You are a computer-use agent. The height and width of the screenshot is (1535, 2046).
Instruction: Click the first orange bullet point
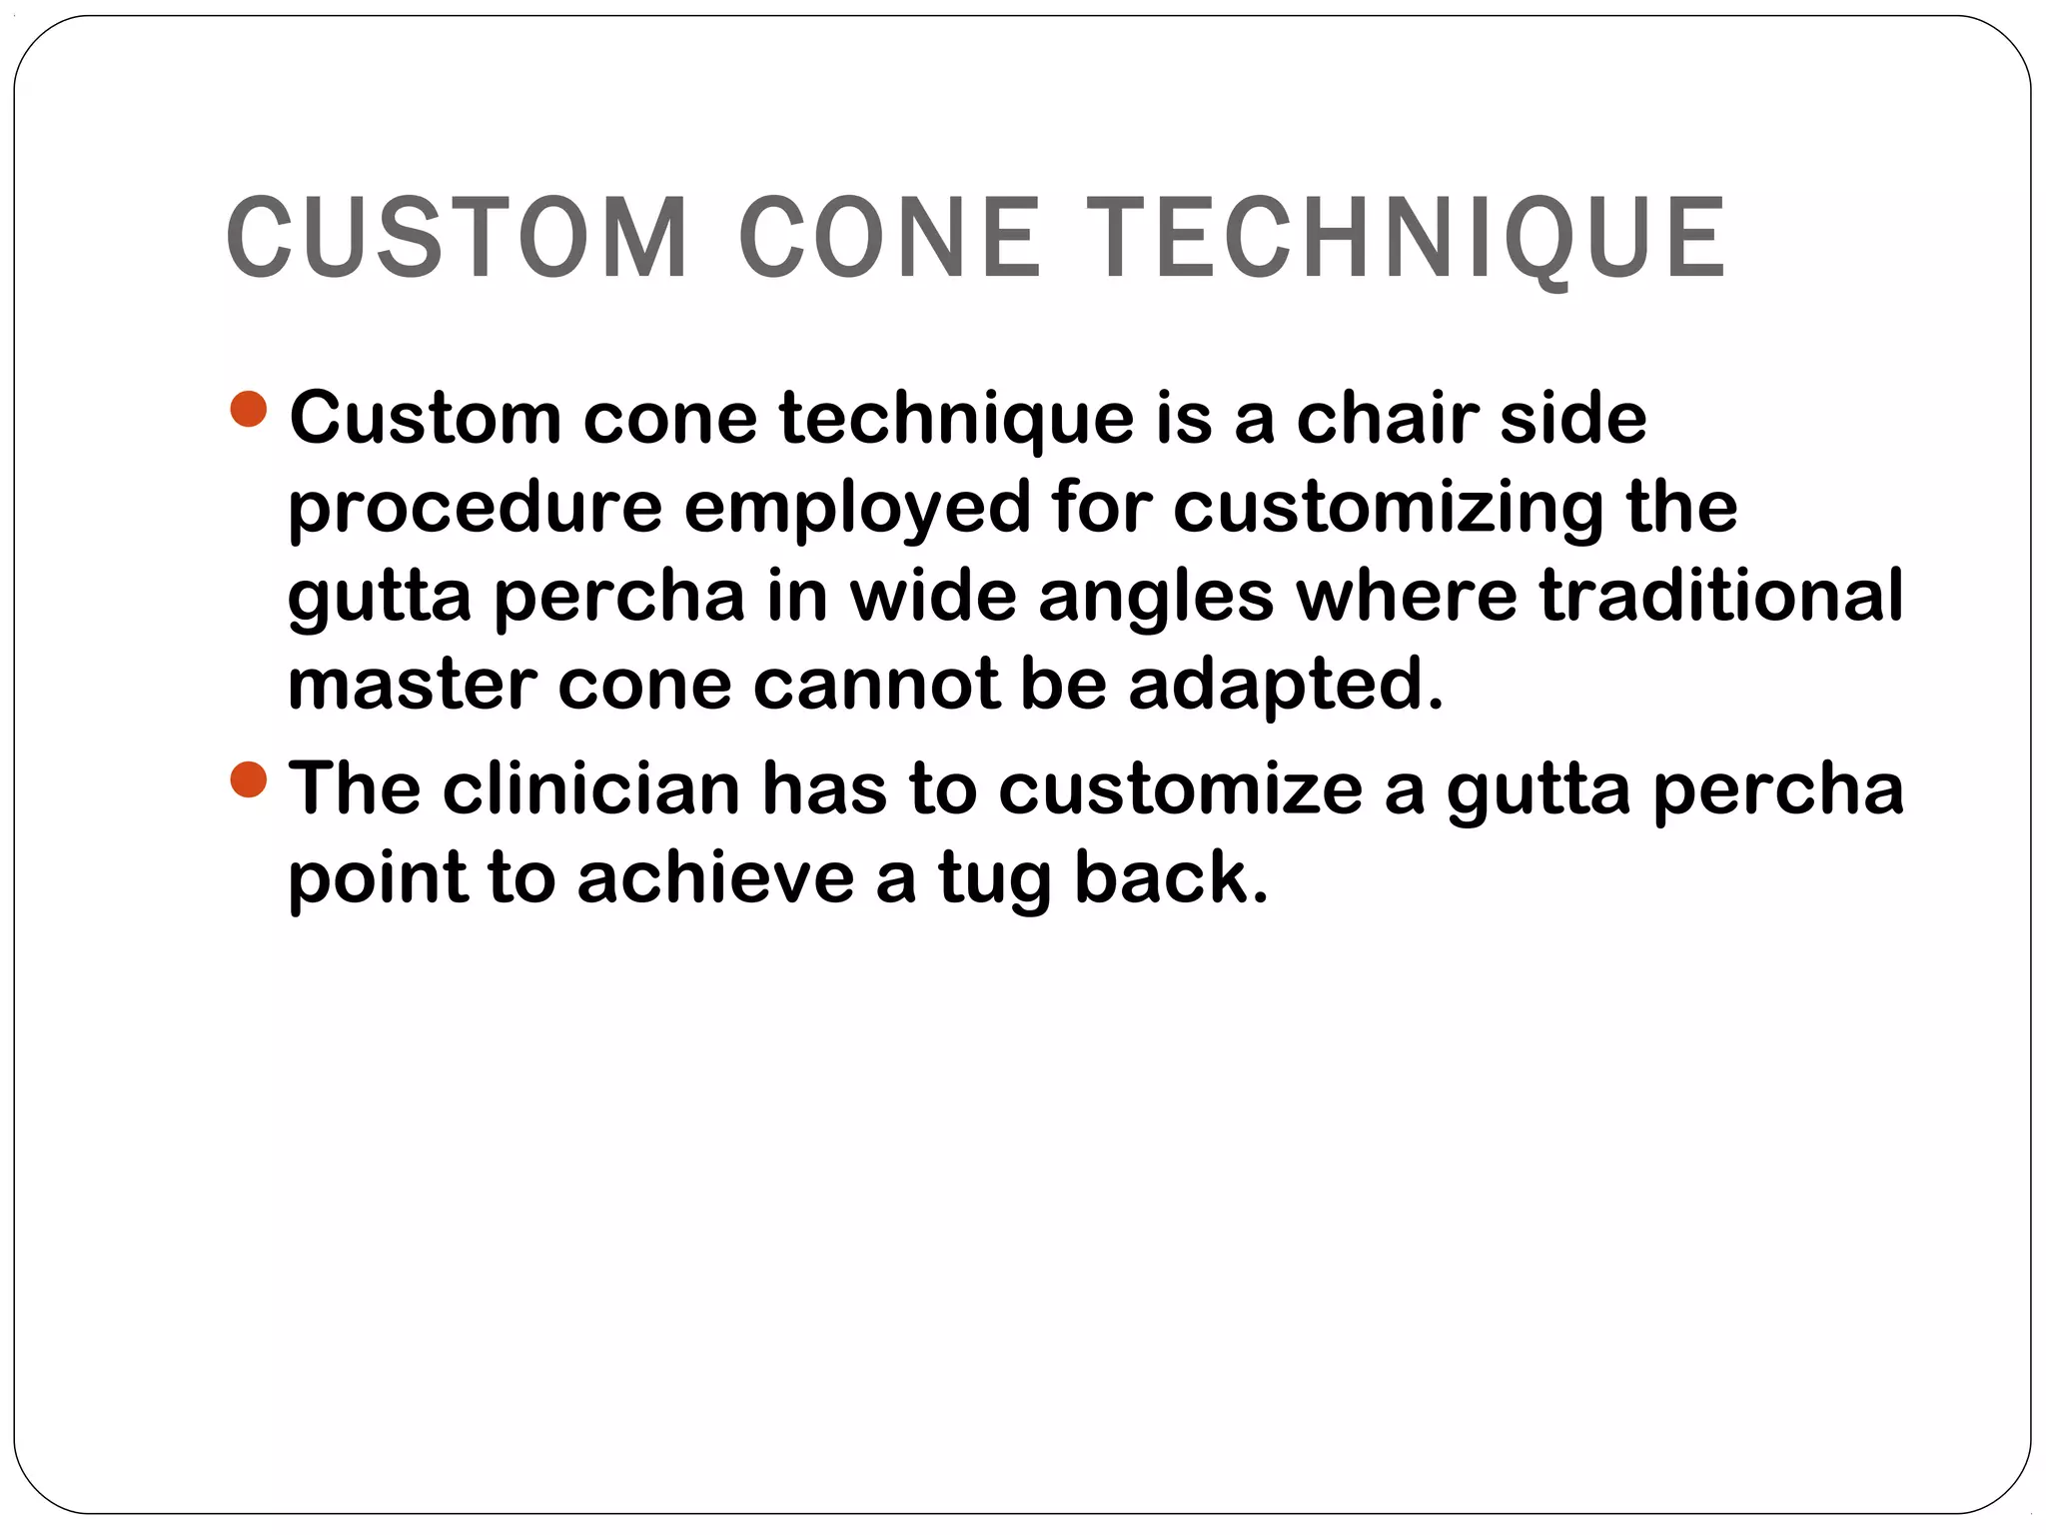[x=248, y=409]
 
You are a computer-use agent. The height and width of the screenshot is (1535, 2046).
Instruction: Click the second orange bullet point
[x=248, y=779]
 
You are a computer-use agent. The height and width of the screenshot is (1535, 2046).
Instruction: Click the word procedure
[x=475, y=507]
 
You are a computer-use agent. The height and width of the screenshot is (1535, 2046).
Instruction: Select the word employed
[x=857, y=507]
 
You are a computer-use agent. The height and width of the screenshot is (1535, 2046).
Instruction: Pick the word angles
[x=1156, y=596]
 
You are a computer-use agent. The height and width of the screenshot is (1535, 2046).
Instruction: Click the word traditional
[x=1720, y=596]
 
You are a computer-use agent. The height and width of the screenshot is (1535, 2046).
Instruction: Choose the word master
[x=412, y=685]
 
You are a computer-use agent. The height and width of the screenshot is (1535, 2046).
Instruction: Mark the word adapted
[x=1286, y=687]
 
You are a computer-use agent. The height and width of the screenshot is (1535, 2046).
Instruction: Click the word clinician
[x=591, y=788]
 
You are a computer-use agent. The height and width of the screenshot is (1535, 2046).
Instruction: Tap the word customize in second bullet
[x=1180, y=788]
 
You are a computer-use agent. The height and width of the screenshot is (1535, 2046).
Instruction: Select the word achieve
[x=715, y=878]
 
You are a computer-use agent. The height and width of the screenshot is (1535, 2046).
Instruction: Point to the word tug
[x=994, y=880]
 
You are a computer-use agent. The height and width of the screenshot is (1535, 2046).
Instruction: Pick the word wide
[x=932, y=596]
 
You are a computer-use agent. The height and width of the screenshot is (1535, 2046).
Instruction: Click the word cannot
[x=876, y=685]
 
